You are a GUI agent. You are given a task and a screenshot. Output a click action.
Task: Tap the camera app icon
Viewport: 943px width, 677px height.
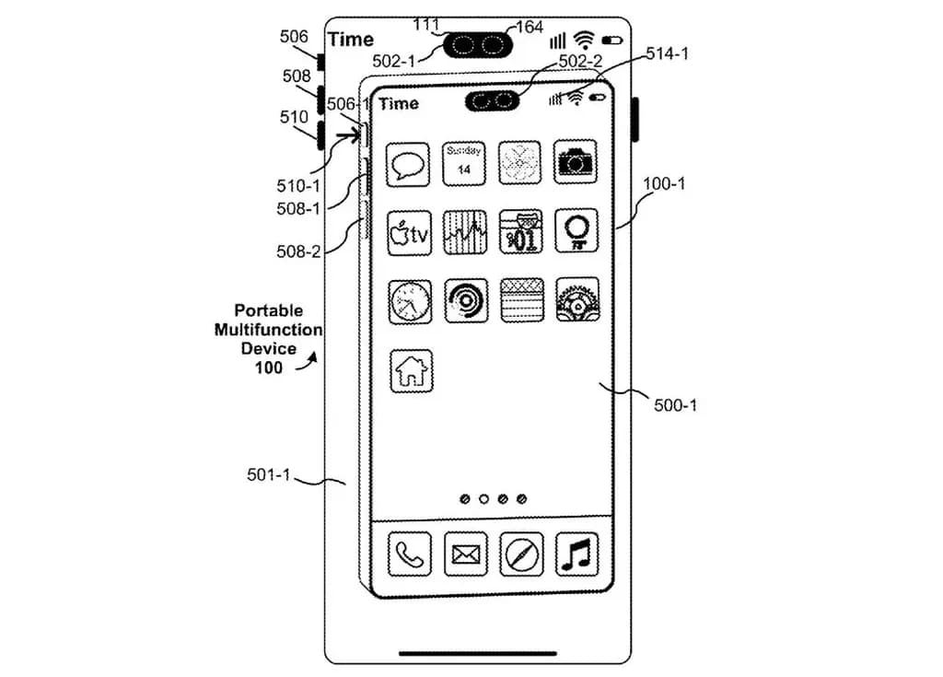pyautogui.click(x=576, y=162)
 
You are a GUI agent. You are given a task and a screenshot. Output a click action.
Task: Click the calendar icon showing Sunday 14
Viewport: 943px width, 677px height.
pyautogui.click(x=464, y=163)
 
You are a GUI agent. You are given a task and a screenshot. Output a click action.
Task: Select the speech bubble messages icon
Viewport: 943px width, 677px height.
pyautogui.click(x=409, y=165)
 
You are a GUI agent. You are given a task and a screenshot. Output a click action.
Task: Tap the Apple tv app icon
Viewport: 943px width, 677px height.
pyautogui.click(x=409, y=232)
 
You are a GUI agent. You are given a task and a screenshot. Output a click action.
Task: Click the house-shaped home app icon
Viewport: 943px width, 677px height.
pyautogui.click(x=411, y=370)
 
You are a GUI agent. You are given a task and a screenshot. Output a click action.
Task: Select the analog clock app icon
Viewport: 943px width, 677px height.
pyautogui.click(x=409, y=301)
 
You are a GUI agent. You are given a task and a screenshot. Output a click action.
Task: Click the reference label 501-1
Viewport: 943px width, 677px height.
pyautogui.click(x=269, y=475)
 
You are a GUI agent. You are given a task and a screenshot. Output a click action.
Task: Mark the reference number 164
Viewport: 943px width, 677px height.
pyautogui.click(x=530, y=27)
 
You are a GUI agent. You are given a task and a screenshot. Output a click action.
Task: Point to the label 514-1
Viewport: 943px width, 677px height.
pyautogui.click(x=667, y=53)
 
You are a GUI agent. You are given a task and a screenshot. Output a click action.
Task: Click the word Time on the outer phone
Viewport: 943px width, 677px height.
pyautogui.click(x=351, y=40)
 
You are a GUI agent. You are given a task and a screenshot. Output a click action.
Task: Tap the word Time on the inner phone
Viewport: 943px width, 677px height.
pyautogui.click(x=399, y=103)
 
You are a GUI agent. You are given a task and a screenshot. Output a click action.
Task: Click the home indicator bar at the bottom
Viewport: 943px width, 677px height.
pyautogui.click(x=477, y=654)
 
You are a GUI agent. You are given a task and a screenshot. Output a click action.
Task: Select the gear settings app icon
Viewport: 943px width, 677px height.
pyautogui.click(x=577, y=300)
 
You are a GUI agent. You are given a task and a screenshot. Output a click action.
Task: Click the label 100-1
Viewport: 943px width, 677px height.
pyautogui.click(x=664, y=184)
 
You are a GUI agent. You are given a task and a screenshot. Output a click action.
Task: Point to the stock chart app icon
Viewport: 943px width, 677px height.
pyautogui.click(x=465, y=232)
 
